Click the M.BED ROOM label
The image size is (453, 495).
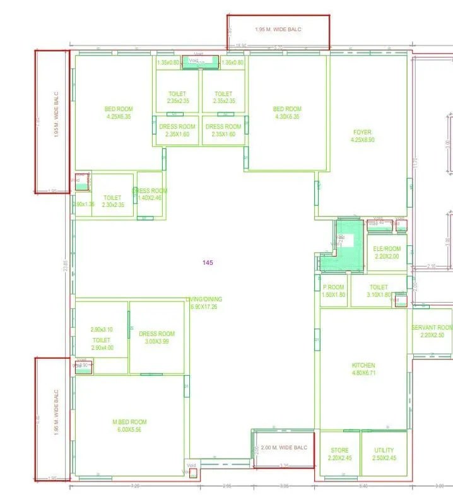tap(129, 426)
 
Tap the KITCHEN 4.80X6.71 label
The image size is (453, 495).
tap(363, 369)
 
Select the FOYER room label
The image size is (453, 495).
tap(362, 136)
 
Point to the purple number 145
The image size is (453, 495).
tap(208, 262)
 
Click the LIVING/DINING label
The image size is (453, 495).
tap(204, 303)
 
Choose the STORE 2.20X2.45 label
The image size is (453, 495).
tap(339, 454)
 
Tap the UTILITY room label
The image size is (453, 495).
tap(384, 454)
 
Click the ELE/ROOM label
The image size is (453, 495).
tap(387, 252)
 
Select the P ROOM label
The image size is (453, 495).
tap(333, 291)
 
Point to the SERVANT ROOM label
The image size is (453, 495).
tap(432, 331)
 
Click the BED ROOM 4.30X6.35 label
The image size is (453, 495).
tap(287, 113)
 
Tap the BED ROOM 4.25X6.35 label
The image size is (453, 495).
tap(119, 113)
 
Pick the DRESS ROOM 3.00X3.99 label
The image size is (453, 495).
tap(157, 337)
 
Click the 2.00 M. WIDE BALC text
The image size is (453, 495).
tap(284, 448)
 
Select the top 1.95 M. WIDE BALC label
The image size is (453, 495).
tap(278, 30)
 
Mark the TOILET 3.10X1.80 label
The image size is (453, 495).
tap(379, 291)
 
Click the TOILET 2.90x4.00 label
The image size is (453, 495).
tap(101, 344)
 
